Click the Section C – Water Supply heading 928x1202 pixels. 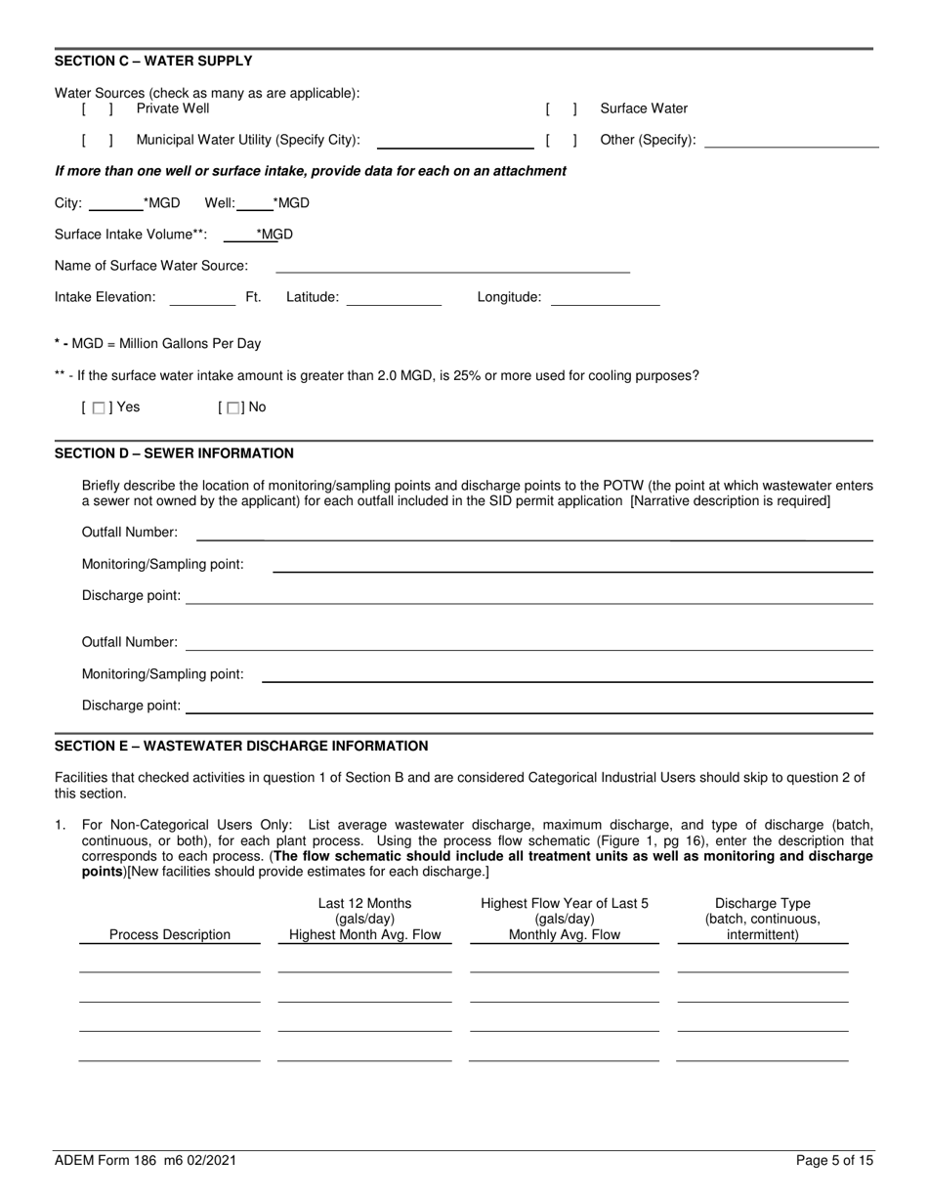point(153,61)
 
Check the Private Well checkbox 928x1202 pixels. point(98,109)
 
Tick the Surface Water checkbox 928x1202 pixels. point(562,109)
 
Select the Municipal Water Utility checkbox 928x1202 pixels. point(98,140)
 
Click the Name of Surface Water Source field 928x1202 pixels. point(452,266)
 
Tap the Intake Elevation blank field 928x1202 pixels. point(202,298)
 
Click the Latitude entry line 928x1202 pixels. point(394,298)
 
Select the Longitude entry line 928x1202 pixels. point(606,298)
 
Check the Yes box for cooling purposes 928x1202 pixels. point(99,408)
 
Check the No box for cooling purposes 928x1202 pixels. point(233,408)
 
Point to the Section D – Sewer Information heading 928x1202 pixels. point(174,453)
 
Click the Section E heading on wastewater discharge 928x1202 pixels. point(241,746)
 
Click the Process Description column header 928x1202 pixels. point(170,935)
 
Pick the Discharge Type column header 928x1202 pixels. point(762,920)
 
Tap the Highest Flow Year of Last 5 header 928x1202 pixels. point(564,920)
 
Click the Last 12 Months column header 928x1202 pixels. point(364,920)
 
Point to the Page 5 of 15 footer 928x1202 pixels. point(834,1161)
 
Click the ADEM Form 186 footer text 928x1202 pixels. point(145,1161)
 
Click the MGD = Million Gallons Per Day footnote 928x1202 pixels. point(157,344)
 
